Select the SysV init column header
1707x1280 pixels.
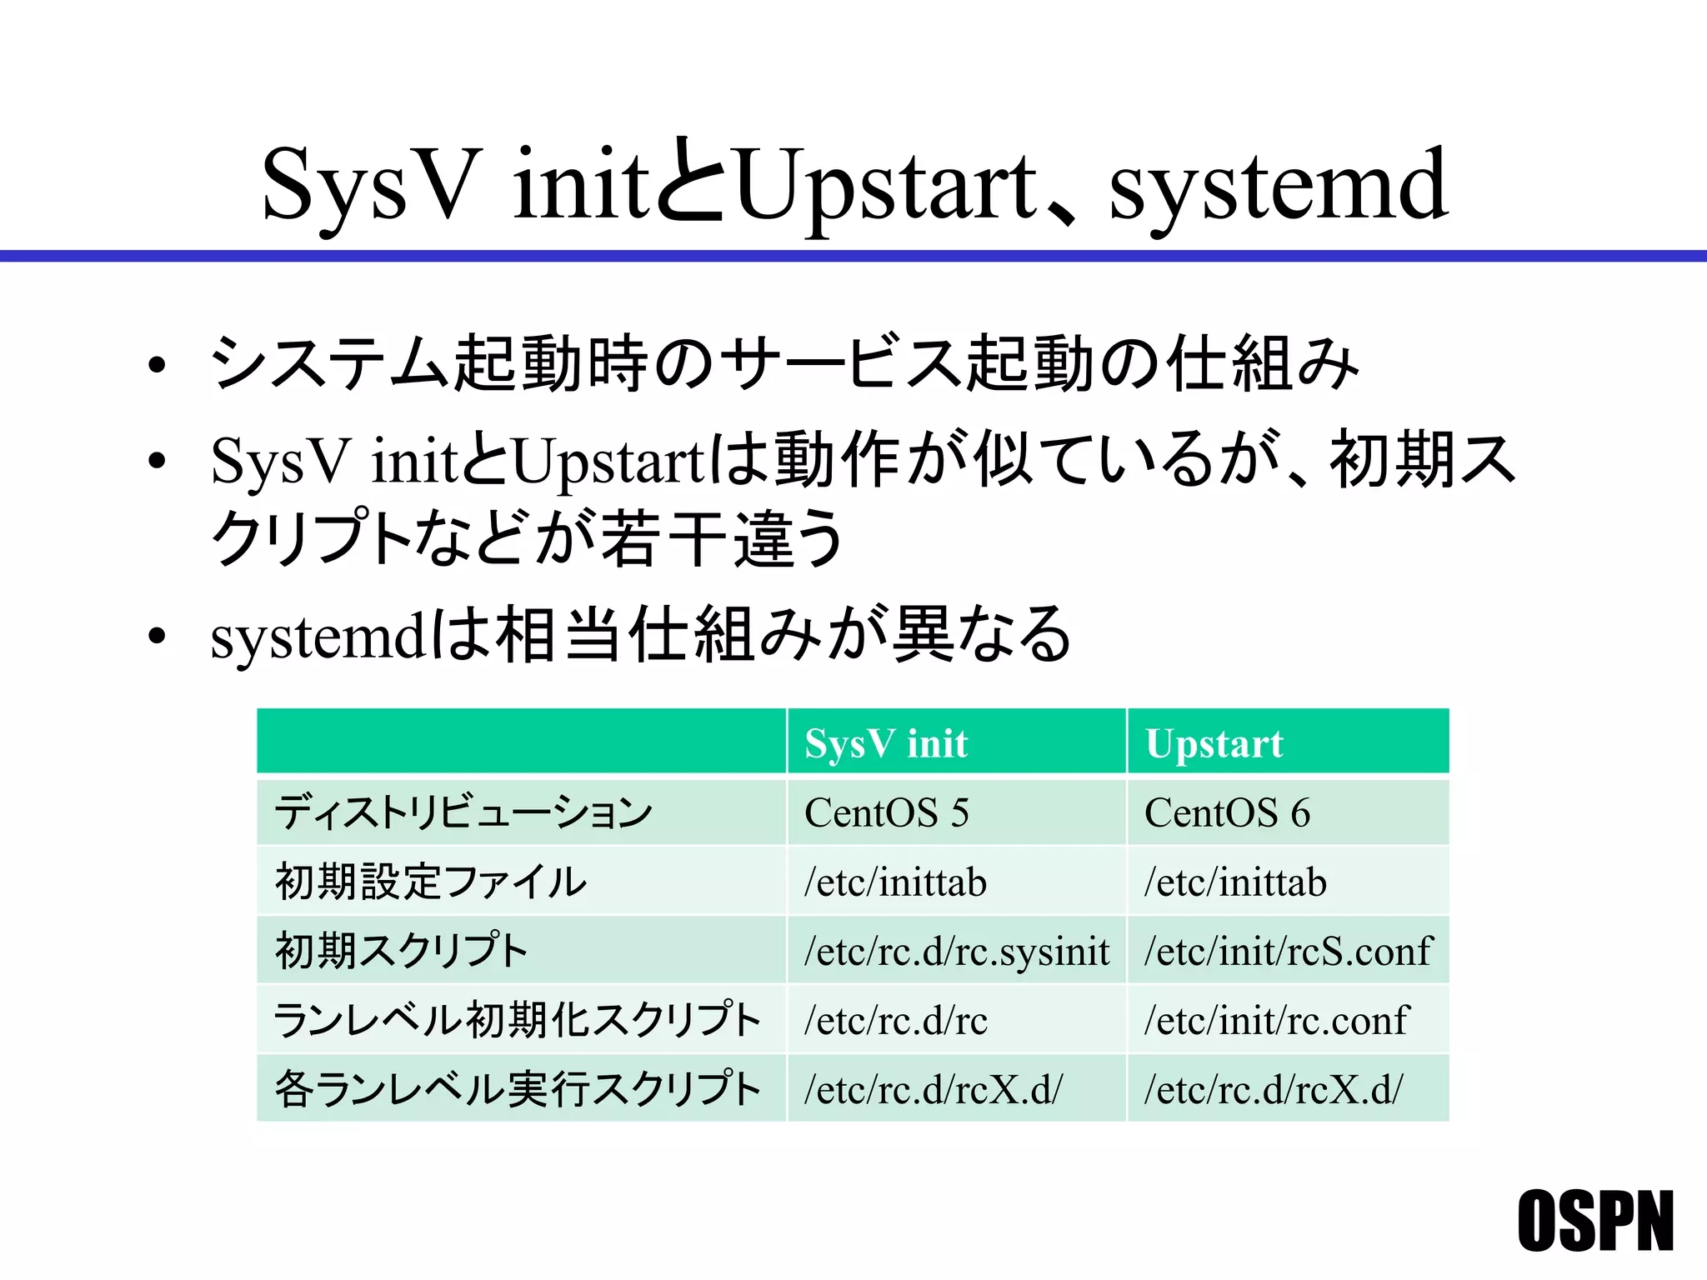click(x=886, y=743)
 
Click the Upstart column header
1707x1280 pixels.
click(x=1214, y=743)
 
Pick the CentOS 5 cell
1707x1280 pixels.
click(x=886, y=812)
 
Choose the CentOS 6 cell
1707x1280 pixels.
click(x=1227, y=812)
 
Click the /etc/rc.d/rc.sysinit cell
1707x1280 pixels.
click(x=956, y=951)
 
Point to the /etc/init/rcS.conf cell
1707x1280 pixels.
click(x=1288, y=951)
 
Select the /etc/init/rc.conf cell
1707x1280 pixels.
click(x=1276, y=1020)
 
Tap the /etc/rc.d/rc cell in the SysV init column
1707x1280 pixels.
click(x=895, y=1020)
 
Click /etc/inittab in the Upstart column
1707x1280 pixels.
click(x=1235, y=882)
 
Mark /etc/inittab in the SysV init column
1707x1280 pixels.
click(x=895, y=882)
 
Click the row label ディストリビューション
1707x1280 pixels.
click(x=463, y=812)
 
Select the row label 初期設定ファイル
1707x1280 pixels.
click(x=431, y=882)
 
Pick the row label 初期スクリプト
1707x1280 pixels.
click(x=402, y=951)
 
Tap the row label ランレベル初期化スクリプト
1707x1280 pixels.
click(x=517, y=1020)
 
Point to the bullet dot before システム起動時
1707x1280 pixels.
click(x=156, y=366)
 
